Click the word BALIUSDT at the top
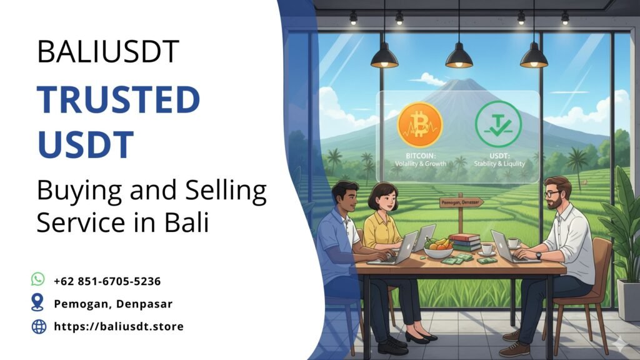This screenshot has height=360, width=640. [x=107, y=51]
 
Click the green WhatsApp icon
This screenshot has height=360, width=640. [x=38, y=279]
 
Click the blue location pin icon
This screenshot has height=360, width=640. [x=38, y=303]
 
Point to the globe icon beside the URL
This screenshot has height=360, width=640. [x=39, y=326]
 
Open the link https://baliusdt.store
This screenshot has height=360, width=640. [x=119, y=326]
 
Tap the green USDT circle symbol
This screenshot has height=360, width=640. [x=498, y=124]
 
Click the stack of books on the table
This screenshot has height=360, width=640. [x=466, y=241]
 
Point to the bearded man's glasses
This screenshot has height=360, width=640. [x=552, y=194]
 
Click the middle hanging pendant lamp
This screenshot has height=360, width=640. [x=459, y=57]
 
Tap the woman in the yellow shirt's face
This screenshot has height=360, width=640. [x=383, y=201]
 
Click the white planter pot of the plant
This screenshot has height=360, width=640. [x=627, y=299]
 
